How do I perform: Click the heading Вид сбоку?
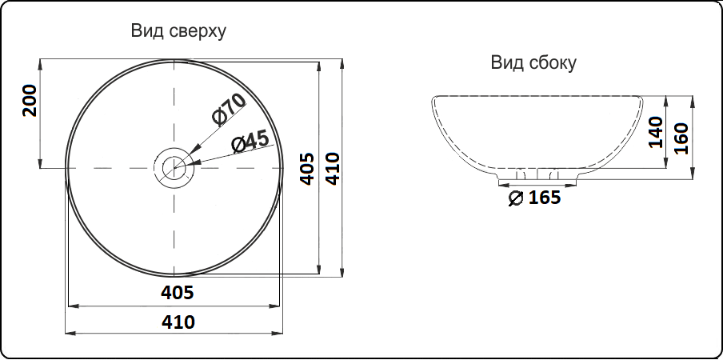533,63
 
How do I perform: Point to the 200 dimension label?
30,101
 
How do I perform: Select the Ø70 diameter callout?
228,109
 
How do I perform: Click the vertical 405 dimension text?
305,168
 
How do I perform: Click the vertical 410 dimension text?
333,168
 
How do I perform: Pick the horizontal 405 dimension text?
178,293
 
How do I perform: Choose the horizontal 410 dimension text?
178,322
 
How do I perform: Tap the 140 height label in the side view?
656,132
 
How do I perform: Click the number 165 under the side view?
545,197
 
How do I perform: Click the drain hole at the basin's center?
174,168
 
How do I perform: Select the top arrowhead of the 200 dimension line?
40,63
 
